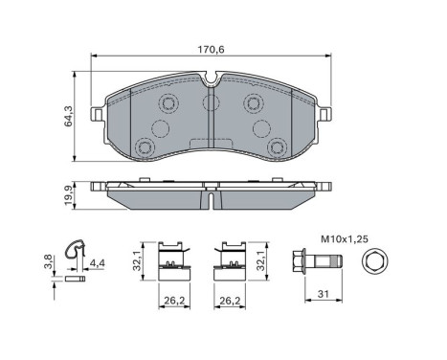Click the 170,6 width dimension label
click(211, 50)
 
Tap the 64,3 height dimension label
click(69, 116)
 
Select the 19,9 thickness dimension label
click(69, 196)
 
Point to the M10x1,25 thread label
click(345, 239)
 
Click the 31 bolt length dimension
click(324, 294)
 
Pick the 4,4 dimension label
click(98, 263)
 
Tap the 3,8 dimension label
click(48, 261)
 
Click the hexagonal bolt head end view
click(375, 260)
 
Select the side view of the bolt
click(317, 260)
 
